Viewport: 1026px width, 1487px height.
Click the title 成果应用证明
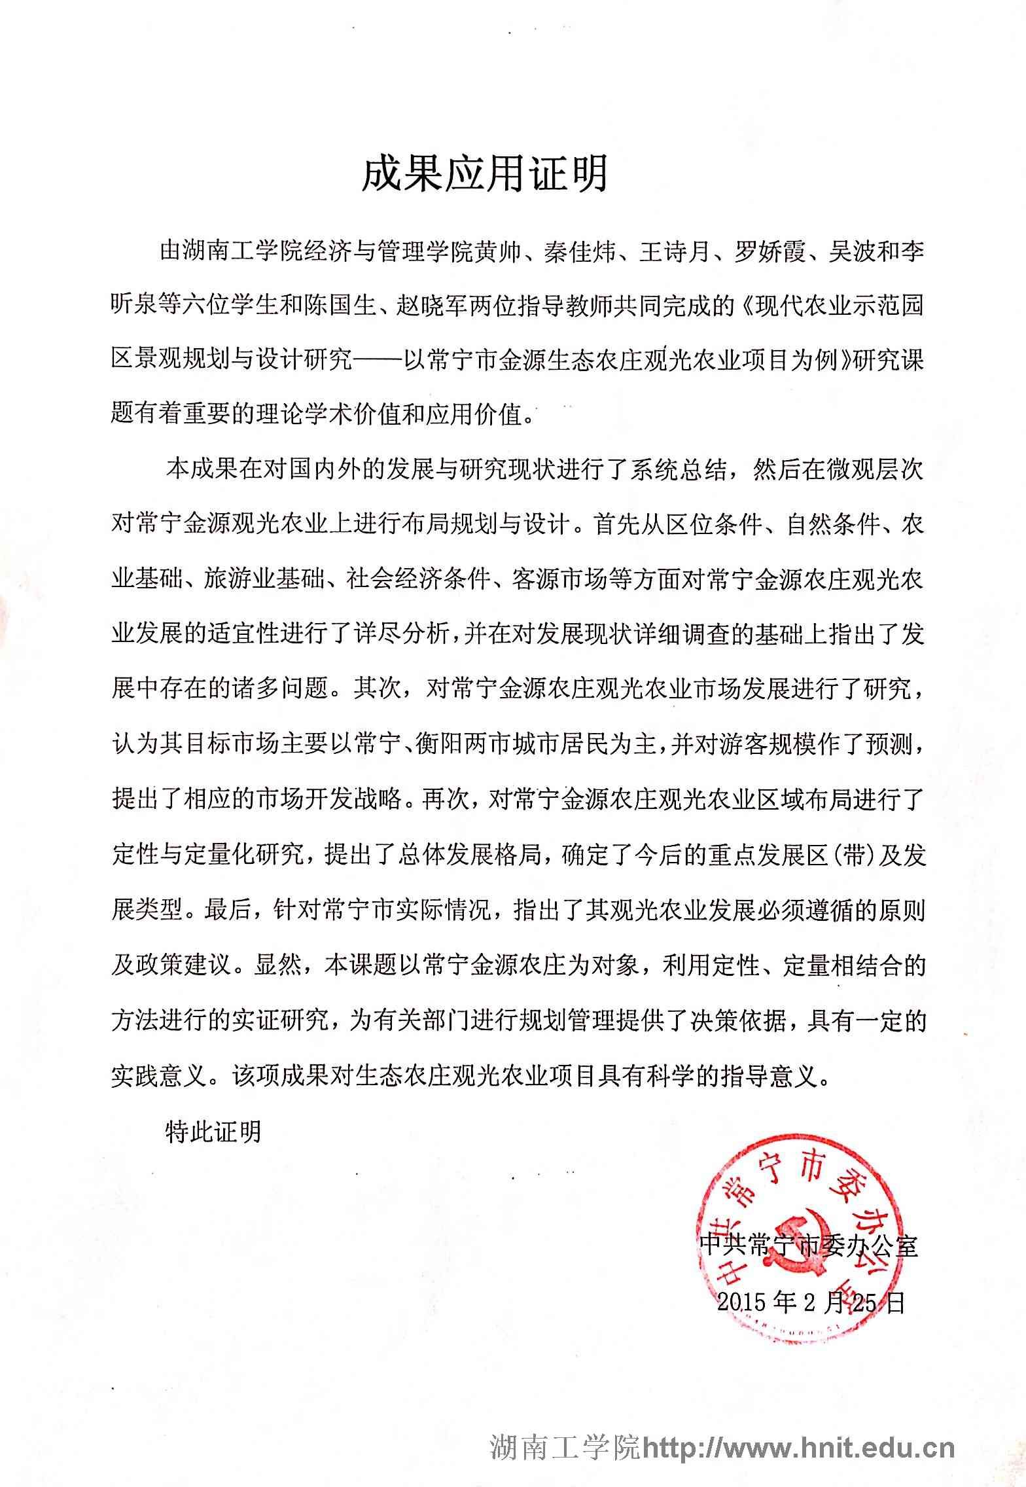click(x=485, y=173)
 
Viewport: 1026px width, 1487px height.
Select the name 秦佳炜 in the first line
click(x=580, y=252)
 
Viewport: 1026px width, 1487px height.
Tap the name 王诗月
click(x=675, y=252)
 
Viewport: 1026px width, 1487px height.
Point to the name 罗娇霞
click(x=769, y=252)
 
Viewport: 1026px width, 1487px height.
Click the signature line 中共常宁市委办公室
click(x=809, y=1244)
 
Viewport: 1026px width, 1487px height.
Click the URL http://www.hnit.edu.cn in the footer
click(x=799, y=1448)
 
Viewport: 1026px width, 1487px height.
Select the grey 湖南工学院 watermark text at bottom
click(x=566, y=1448)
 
